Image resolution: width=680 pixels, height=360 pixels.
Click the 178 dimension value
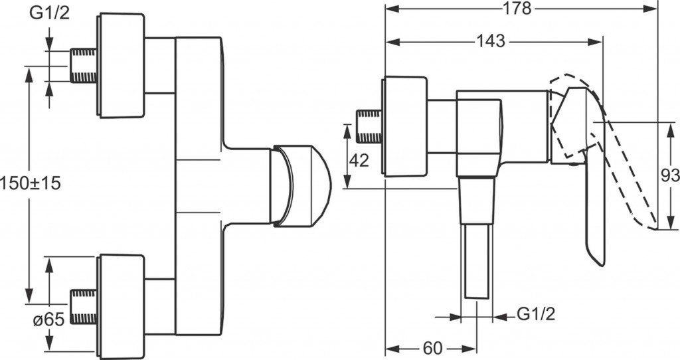517,8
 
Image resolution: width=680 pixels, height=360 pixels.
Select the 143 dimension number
491,41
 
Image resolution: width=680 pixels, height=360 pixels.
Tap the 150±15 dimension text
31,183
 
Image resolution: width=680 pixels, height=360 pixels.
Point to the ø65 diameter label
48,320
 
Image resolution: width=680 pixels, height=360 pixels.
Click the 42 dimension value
359,161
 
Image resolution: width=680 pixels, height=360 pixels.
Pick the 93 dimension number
669,175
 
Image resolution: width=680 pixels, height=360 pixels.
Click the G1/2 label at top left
49,13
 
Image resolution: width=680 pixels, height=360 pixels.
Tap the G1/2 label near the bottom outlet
536,314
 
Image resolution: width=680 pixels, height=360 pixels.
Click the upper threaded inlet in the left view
83,66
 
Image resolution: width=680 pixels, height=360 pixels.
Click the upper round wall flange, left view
122,66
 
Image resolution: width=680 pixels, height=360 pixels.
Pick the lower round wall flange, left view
122,307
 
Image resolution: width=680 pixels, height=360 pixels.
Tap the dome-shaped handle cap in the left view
301,186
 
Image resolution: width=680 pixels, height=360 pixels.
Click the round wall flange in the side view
404,127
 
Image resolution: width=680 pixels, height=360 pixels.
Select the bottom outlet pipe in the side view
477,261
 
